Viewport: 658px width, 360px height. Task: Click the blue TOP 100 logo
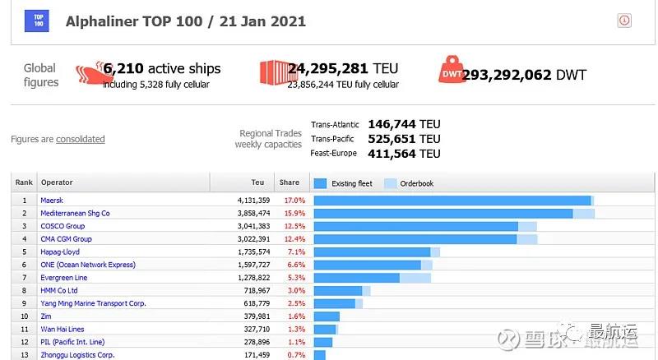37,21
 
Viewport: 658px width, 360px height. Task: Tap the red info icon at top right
623,21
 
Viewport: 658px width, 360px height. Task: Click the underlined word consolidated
81,140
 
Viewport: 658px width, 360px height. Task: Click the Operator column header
57,182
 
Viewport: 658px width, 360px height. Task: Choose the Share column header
289,182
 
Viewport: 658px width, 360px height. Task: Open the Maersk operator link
52,201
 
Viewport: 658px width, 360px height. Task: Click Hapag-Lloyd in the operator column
60,252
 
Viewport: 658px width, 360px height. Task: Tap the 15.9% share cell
294,214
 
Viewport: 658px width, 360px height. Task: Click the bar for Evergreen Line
356,278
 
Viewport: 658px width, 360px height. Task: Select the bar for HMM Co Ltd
338,290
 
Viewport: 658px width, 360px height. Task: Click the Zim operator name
46,316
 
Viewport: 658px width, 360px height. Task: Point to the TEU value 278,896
252,342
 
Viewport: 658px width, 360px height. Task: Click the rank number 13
24,355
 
